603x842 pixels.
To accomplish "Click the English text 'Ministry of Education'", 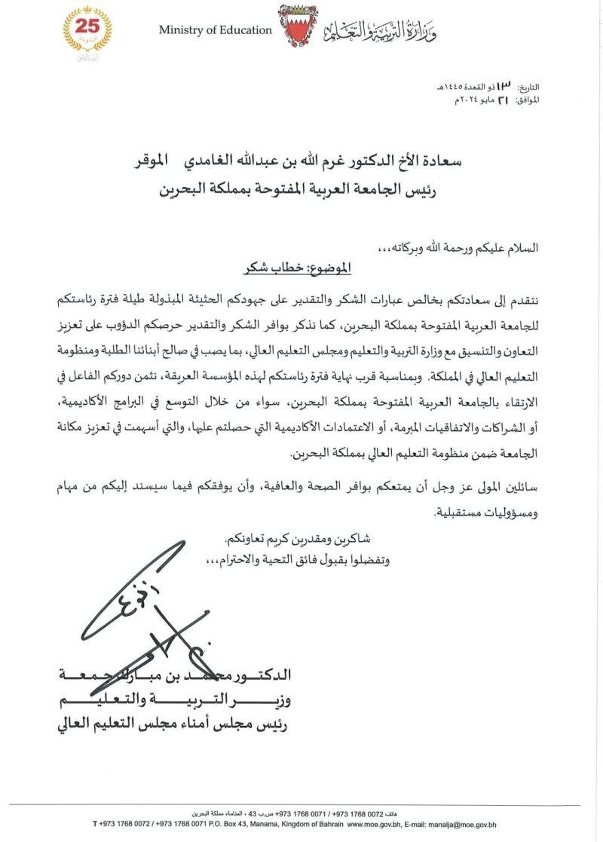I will pos(215,30).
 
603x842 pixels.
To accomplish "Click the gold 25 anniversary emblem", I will pos(90,32).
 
